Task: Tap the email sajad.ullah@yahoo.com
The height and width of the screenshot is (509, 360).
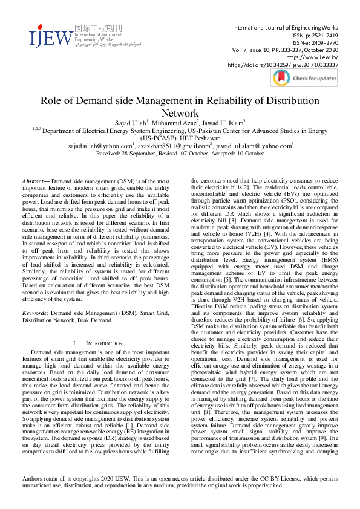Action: (x=99, y=146)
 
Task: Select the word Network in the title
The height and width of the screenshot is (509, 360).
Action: (x=180, y=113)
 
